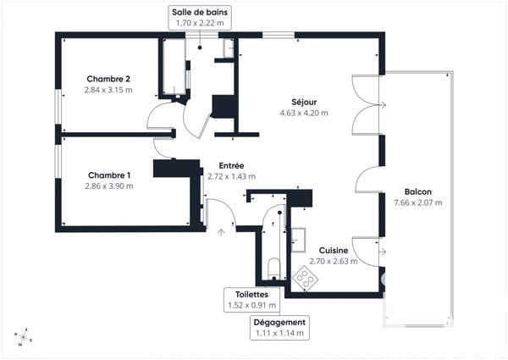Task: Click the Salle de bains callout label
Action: [199, 18]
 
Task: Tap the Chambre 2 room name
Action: [108, 80]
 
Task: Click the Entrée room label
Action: [231, 166]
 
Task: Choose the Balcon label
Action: [418, 192]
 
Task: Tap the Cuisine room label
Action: [334, 251]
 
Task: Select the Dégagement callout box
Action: [279, 328]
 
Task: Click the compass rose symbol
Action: [22, 337]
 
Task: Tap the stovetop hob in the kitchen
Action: [301, 276]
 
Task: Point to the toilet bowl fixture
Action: [273, 270]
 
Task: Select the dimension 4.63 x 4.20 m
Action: [304, 113]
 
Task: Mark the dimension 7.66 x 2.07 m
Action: [418, 202]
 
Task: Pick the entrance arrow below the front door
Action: [222, 228]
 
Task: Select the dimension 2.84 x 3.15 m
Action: [108, 90]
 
